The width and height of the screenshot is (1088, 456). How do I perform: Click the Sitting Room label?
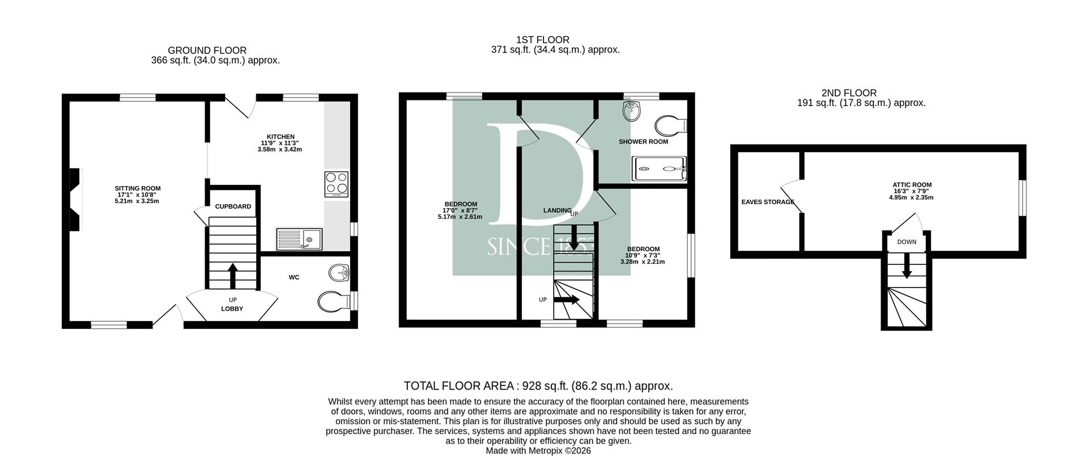[138, 188]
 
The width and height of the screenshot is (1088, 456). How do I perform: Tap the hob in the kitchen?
[337, 184]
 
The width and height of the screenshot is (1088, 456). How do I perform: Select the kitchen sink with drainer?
[299, 239]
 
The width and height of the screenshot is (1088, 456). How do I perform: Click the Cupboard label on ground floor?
[233, 206]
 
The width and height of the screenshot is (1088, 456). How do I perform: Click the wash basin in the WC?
[339, 274]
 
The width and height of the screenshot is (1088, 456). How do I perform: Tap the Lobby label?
[232, 309]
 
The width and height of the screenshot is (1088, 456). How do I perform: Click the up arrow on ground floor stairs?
[232, 276]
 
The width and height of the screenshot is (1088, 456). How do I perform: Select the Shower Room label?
[643, 142]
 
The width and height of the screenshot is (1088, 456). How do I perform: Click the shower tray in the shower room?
[660, 169]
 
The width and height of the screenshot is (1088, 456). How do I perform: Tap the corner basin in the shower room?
[631, 111]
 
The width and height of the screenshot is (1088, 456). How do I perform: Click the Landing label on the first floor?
[557, 210]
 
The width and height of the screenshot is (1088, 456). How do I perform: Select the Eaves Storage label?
[768, 202]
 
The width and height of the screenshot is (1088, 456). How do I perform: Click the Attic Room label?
[912, 185]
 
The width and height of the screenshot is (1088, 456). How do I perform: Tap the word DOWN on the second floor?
[907, 242]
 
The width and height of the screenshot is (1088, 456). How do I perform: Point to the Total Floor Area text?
[538, 386]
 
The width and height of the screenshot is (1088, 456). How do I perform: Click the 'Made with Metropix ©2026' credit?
[538, 451]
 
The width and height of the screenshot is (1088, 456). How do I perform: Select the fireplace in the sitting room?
[76, 200]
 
